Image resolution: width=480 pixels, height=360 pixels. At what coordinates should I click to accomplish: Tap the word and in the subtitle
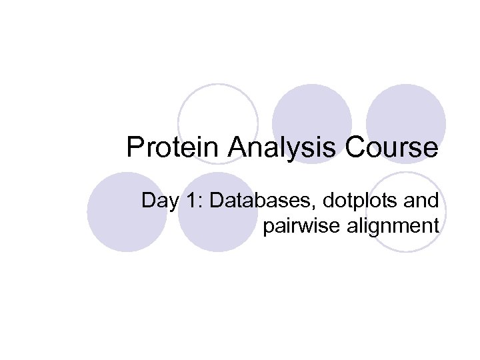pos(423,200)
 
